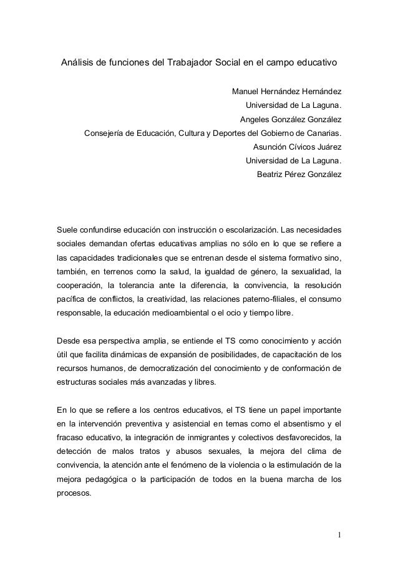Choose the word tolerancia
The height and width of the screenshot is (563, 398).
point(125,287)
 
